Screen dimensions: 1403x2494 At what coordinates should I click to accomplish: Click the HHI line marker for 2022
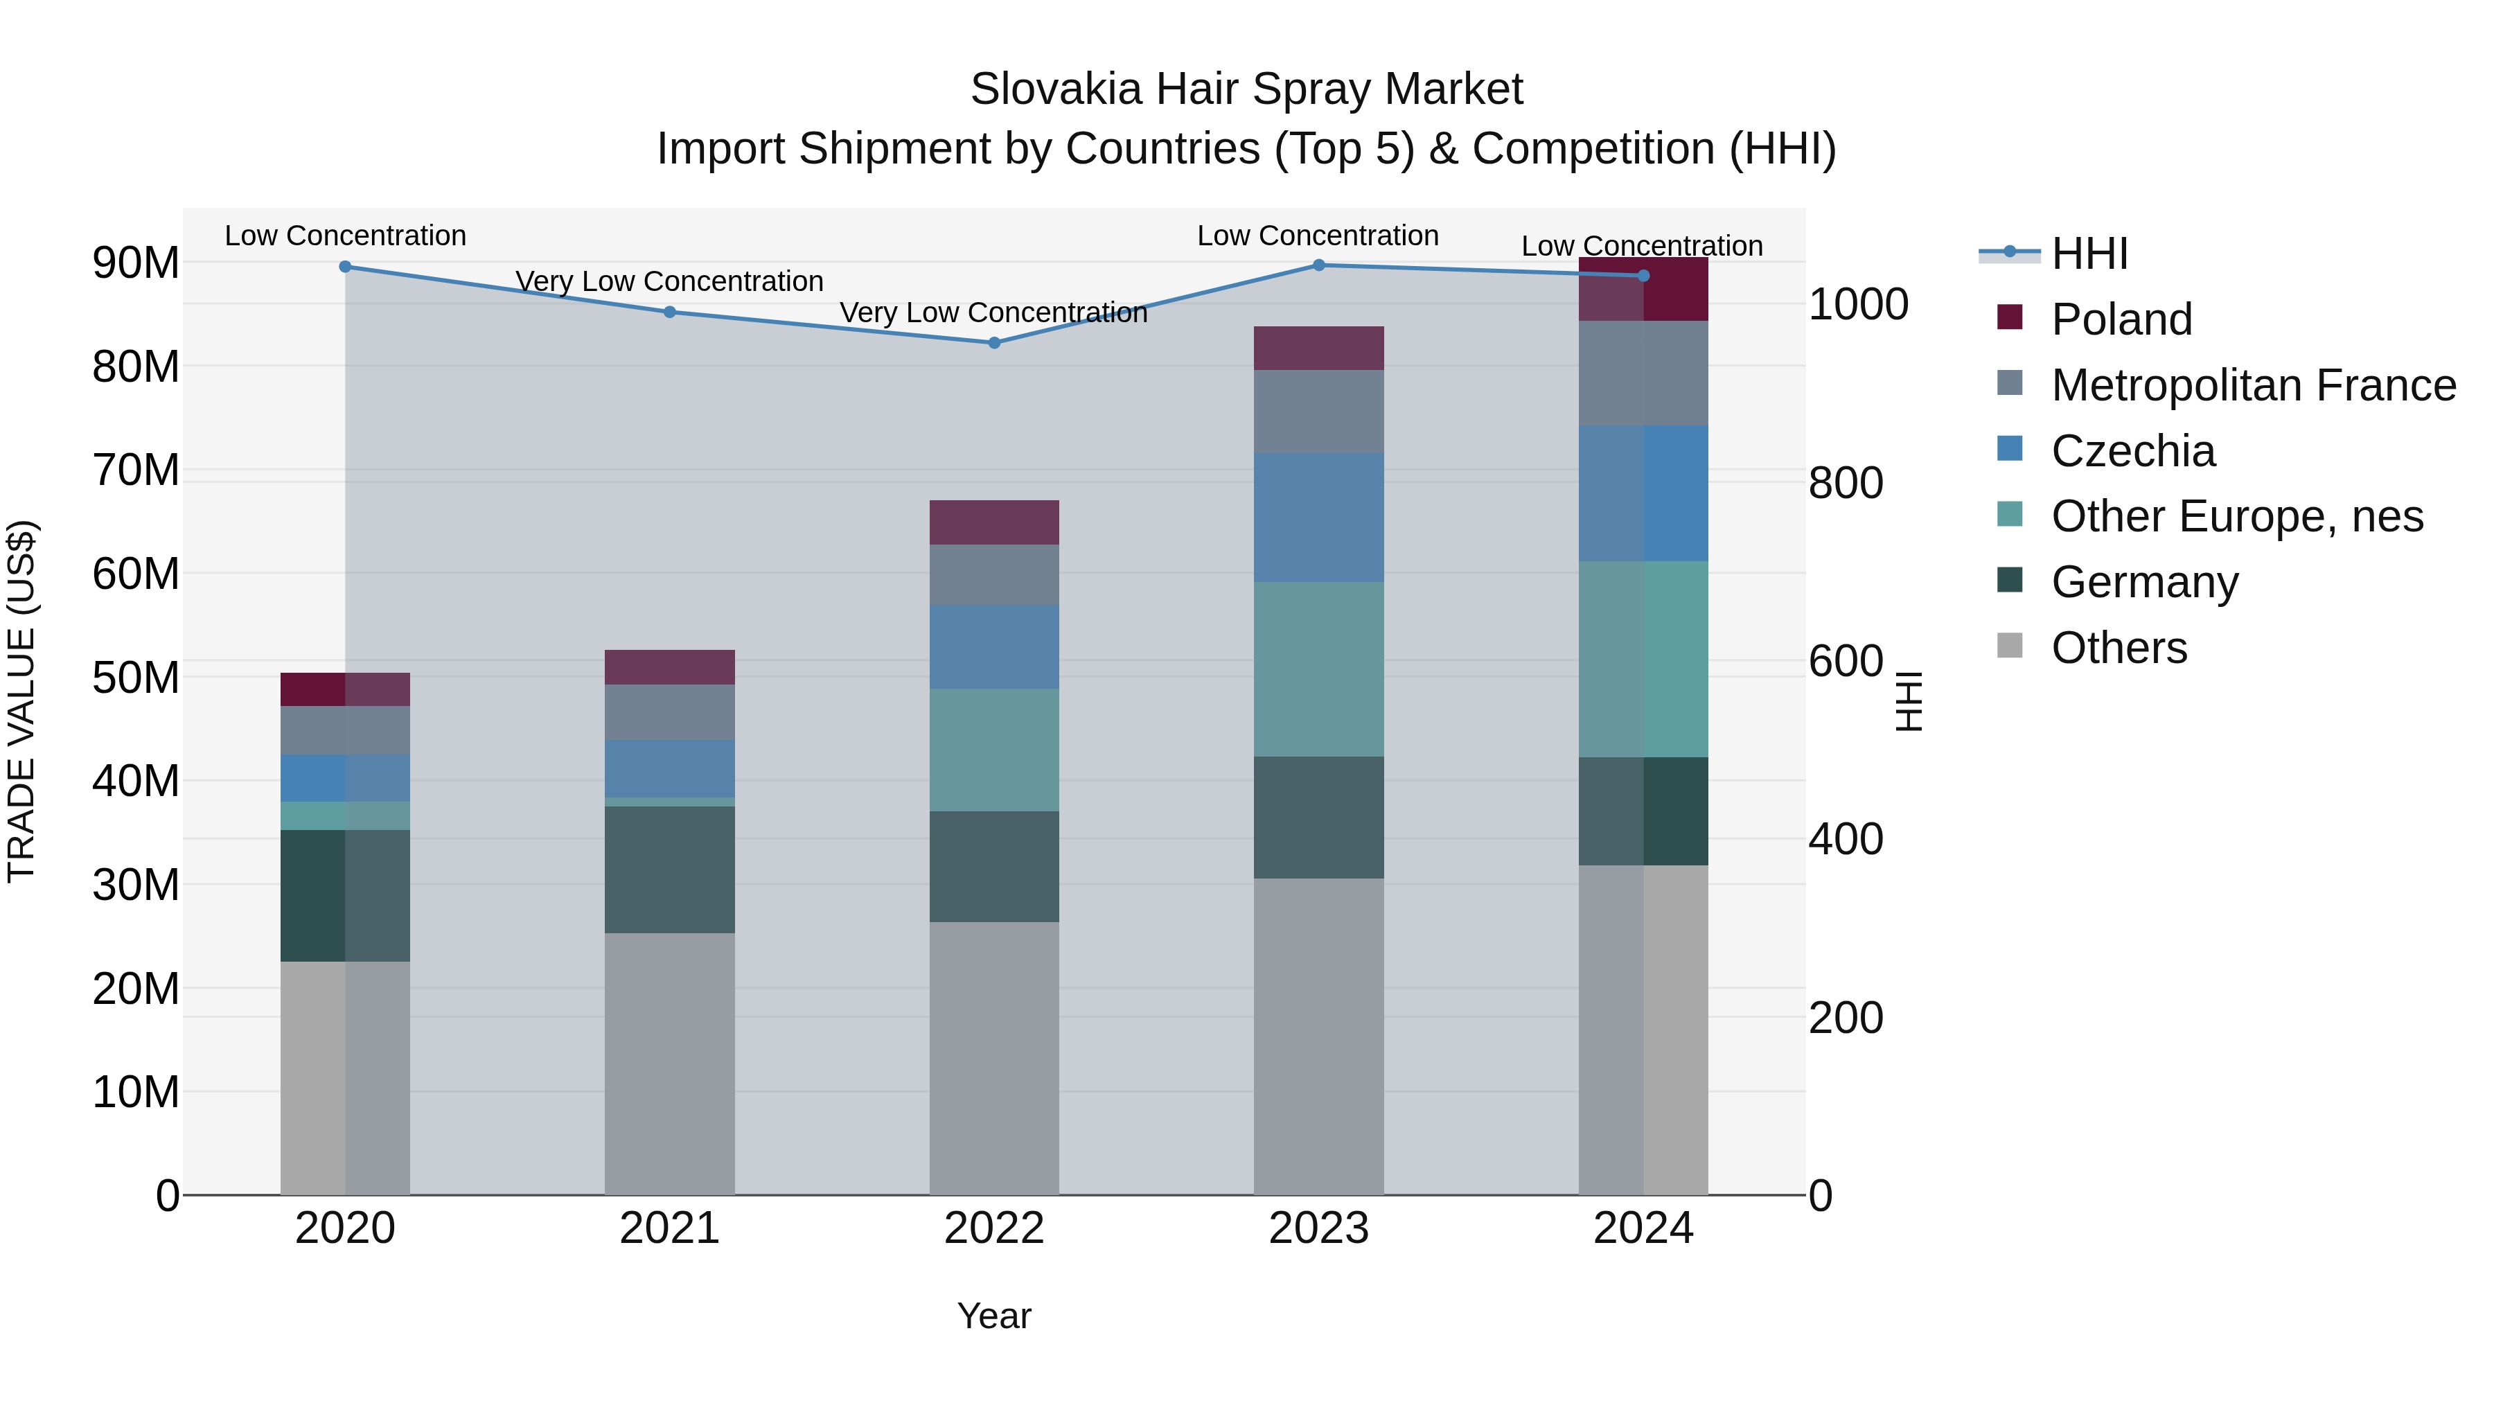(x=993, y=343)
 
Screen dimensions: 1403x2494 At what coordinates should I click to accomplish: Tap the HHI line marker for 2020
(x=346, y=266)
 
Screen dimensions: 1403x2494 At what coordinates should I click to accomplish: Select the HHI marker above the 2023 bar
(x=1318, y=265)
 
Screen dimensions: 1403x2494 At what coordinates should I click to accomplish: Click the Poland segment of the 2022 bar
(x=993, y=523)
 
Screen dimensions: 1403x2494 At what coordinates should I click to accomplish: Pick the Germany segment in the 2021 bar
(x=669, y=870)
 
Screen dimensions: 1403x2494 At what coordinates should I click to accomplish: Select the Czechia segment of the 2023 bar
(x=1318, y=518)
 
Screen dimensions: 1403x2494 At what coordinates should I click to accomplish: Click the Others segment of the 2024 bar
(x=1643, y=1030)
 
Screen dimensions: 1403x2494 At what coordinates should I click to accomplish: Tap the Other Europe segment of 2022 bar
(x=993, y=750)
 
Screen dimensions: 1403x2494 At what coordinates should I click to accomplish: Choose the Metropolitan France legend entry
(x=2252, y=385)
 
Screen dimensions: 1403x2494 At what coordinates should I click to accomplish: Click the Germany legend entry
(x=2143, y=582)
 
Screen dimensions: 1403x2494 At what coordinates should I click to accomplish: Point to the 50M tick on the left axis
(x=136, y=677)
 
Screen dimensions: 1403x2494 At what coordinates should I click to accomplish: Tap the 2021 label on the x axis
(x=669, y=1228)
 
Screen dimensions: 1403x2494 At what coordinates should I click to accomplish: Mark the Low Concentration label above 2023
(x=1318, y=236)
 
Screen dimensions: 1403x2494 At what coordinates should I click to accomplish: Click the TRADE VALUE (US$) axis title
(x=22, y=701)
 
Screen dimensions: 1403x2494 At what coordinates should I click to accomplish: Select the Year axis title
(x=993, y=1316)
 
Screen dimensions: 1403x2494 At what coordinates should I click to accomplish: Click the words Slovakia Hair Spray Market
(x=1246, y=89)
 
